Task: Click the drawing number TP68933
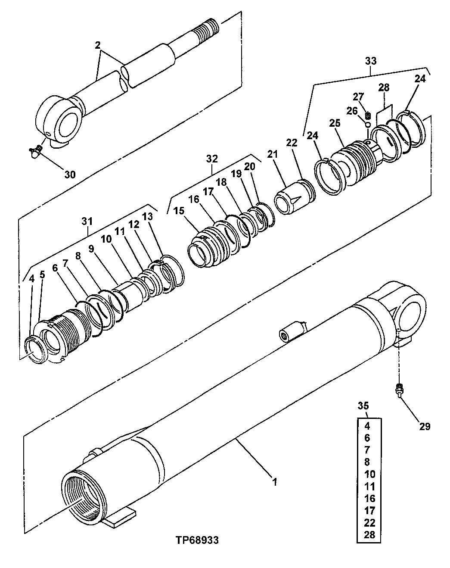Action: click(x=197, y=540)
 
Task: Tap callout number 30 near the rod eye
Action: click(x=70, y=174)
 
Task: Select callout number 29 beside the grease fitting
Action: click(x=425, y=427)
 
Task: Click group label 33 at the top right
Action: click(x=370, y=61)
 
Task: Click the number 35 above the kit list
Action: click(x=364, y=406)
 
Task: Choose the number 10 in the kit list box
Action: click(x=369, y=474)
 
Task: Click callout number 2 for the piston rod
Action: click(x=98, y=45)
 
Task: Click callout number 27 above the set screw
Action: click(x=358, y=96)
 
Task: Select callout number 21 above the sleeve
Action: click(x=273, y=154)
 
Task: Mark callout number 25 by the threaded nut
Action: click(x=335, y=123)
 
